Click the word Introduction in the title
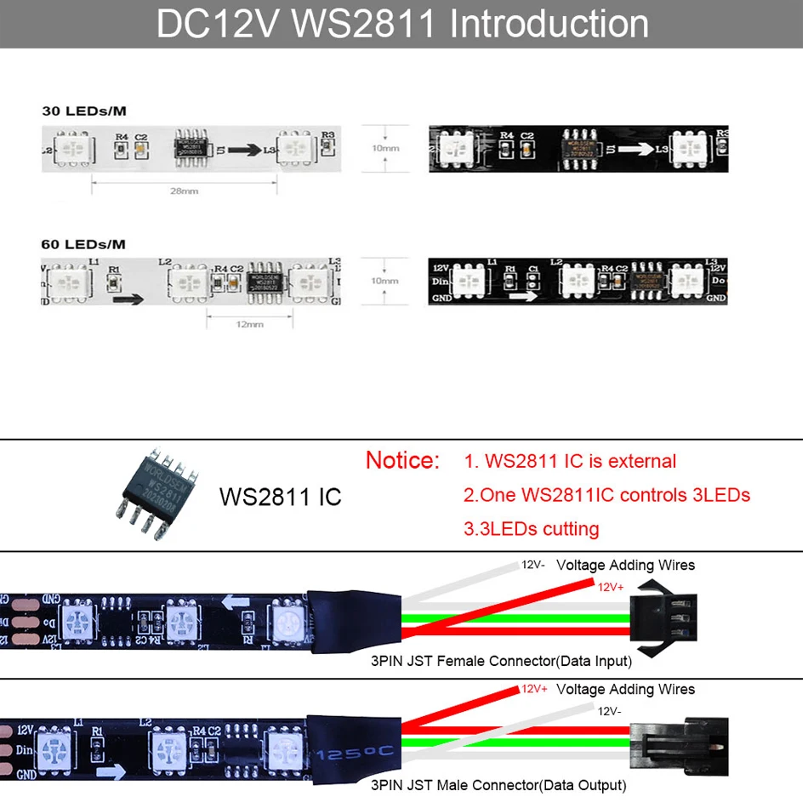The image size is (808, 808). point(549,24)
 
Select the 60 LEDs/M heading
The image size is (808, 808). point(83,244)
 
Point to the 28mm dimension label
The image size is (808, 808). point(184,191)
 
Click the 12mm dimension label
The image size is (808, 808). point(249,323)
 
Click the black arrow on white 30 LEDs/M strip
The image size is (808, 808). point(243,149)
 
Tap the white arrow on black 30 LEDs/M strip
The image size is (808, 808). point(634,149)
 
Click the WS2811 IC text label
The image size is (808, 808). point(280,497)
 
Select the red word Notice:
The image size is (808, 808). point(402,461)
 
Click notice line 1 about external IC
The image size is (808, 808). point(570,461)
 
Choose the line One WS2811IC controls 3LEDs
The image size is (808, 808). point(606,495)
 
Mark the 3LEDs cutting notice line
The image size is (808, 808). point(531,529)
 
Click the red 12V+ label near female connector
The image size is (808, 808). point(611,587)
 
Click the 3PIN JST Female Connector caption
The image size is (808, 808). point(501,661)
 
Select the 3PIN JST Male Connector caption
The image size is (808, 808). point(498,785)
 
